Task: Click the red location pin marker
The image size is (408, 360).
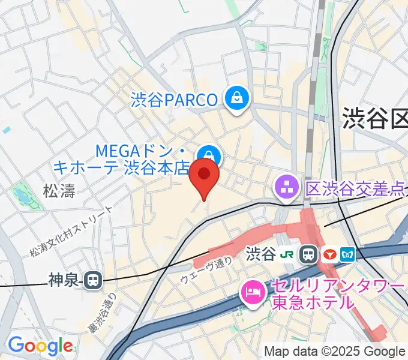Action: coord(204,175)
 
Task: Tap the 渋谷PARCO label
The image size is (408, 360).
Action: coord(174,99)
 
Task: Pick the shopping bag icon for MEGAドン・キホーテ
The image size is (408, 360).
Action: coord(210,157)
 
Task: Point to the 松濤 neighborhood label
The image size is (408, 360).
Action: coord(59,191)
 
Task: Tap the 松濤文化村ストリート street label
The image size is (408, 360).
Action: coord(71,232)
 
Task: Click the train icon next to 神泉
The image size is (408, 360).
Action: coord(92,279)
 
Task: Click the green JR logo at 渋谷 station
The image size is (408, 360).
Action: coord(289,254)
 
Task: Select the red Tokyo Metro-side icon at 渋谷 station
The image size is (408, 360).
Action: coord(328,254)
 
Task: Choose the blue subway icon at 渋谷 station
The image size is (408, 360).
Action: coord(347,254)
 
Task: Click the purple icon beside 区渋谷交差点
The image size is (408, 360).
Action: coord(286,188)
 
